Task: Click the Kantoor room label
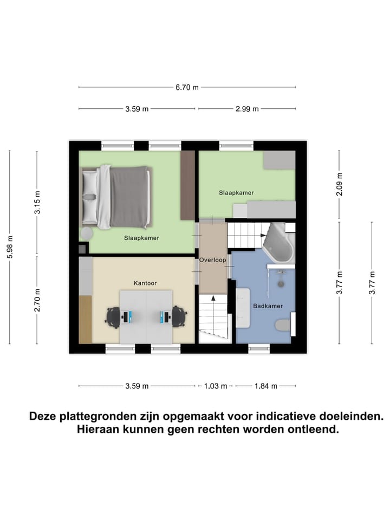(146, 283)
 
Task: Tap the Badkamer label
(268, 306)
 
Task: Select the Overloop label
(212, 260)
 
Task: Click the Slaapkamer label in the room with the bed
(141, 237)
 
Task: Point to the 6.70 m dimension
(187, 87)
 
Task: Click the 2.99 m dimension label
(247, 109)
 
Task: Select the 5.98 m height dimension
(9, 248)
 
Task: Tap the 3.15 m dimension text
(37, 203)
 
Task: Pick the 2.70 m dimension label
(37, 300)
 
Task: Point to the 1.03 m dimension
(214, 386)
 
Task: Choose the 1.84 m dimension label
(265, 386)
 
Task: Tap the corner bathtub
(277, 243)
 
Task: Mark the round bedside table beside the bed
(87, 233)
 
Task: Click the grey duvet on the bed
(130, 196)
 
